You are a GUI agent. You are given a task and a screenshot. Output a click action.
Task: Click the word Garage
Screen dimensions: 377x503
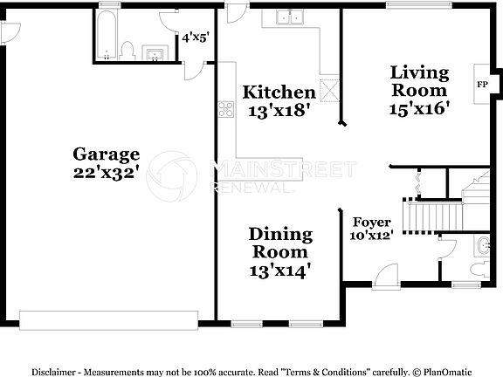[x=106, y=154]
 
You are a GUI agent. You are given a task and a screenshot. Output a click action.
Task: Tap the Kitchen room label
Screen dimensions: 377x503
[x=279, y=93]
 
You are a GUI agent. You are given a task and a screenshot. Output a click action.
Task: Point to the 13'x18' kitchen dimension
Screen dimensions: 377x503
[x=279, y=111]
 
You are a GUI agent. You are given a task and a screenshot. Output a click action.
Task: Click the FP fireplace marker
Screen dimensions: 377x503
[x=482, y=85]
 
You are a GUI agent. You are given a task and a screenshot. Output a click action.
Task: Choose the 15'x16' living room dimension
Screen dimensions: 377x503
[x=419, y=108]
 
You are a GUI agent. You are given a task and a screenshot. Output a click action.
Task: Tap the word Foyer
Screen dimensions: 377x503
[x=371, y=223]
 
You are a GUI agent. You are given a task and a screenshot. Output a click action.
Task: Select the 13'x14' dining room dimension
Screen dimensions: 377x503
[x=280, y=271]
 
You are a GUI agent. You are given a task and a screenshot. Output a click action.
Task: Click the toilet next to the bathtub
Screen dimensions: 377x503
[x=127, y=51]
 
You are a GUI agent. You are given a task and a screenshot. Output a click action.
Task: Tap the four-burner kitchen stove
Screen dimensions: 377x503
[x=226, y=109]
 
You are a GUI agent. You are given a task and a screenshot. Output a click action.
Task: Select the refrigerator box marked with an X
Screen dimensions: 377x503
[x=331, y=88]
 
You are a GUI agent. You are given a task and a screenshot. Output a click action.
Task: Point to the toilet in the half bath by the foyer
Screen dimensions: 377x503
[x=483, y=247]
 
